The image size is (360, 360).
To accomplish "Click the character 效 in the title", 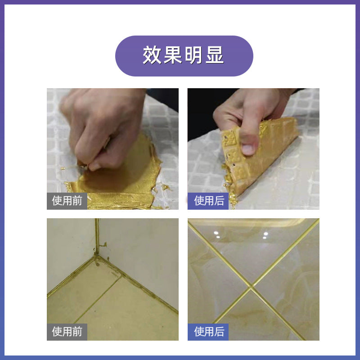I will [153, 56].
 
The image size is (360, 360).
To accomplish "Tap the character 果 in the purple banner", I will [173, 56].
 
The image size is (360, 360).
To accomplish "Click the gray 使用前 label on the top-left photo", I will [67, 201].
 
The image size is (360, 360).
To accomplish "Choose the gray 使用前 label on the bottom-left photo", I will [67, 332].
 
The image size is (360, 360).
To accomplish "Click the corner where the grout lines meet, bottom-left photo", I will [96, 255].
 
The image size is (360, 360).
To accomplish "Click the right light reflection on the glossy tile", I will [265, 234].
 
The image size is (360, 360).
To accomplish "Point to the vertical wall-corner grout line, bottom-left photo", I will [96, 234].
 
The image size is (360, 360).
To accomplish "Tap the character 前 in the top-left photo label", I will [77, 201].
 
